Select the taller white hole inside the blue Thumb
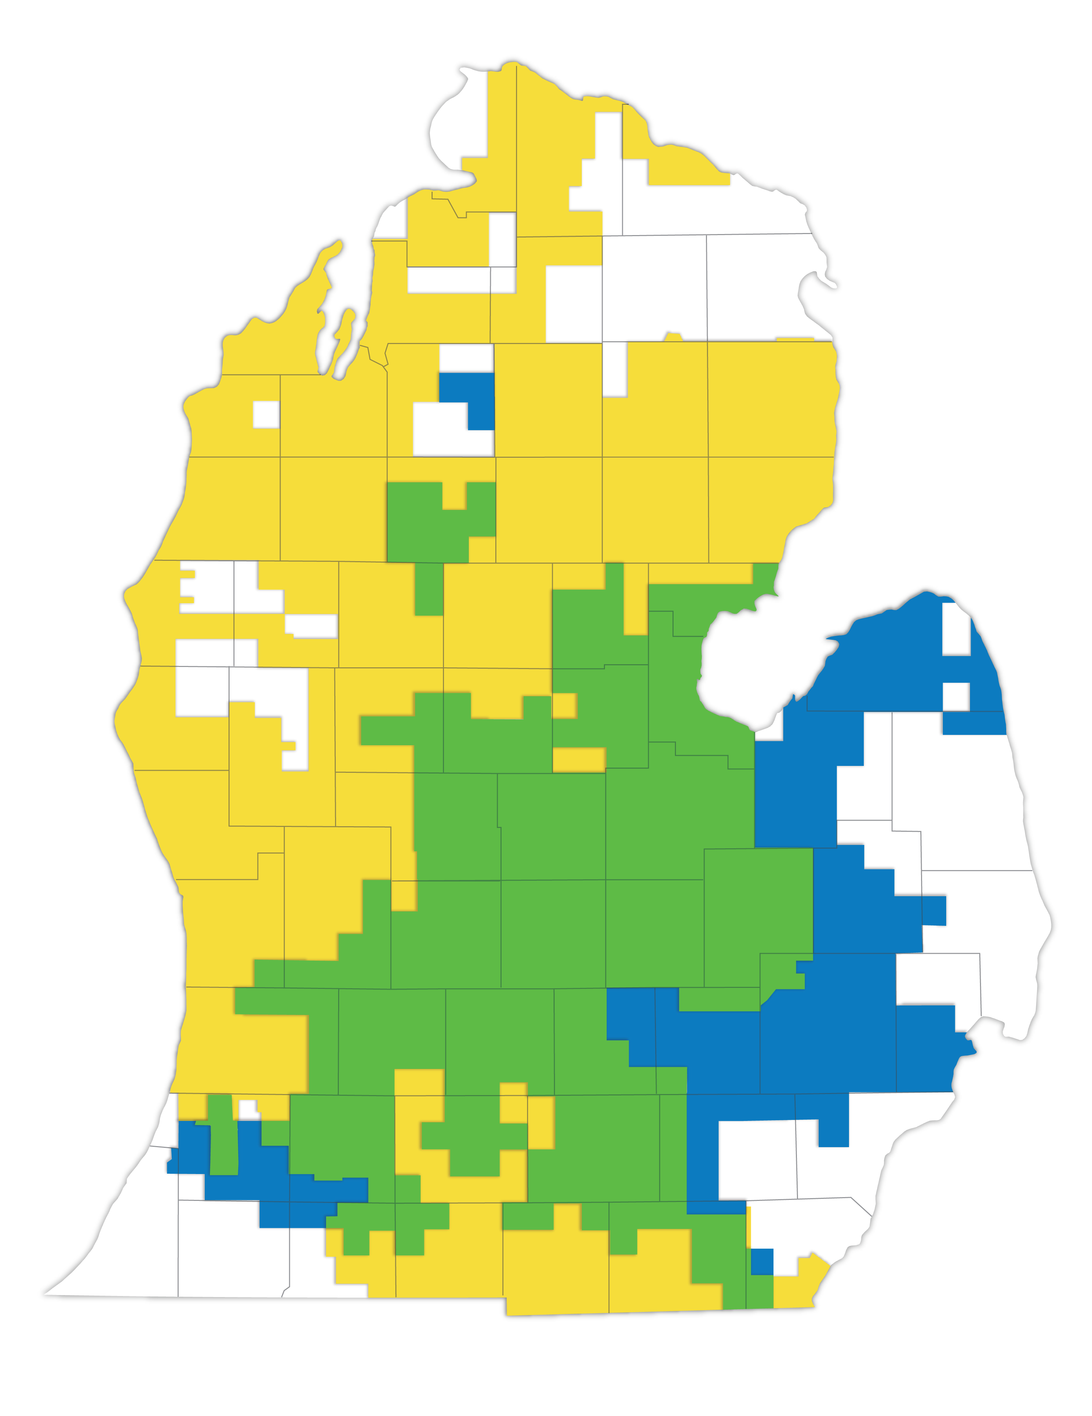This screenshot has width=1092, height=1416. [956, 629]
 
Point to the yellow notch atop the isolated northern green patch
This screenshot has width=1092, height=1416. [454, 496]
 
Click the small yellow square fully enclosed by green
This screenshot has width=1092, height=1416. [564, 705]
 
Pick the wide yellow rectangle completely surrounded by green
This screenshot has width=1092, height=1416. [578, 759]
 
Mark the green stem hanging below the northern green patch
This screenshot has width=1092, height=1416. [428, 589]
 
